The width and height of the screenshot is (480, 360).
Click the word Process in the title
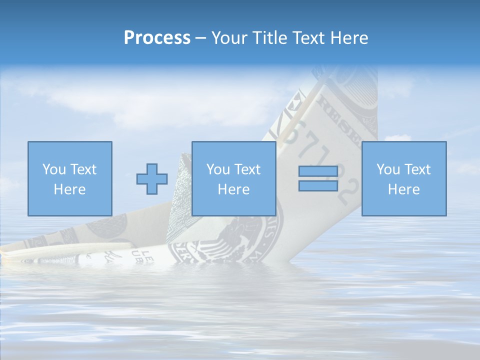[x=157, y=38]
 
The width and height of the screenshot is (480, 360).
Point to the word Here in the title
[x=349, y=38]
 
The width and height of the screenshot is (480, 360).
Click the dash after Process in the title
[x=201, y=38]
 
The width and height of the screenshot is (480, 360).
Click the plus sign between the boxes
[x=152, y=178]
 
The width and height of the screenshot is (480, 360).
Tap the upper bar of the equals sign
[x=318, y=171]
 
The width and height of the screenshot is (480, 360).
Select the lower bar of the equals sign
[x=318, y=185]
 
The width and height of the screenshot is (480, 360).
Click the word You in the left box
[x=53, y=169]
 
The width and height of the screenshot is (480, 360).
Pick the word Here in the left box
[x=69, y=189]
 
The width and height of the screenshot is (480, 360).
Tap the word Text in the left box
[x=82, y=169]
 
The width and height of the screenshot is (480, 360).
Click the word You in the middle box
[x=217, y=169]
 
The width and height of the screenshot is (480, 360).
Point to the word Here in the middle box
[x=233, y=189]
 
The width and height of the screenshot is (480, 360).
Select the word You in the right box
[x=387, y=169]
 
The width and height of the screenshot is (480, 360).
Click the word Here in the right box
[x=403, y=189]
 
